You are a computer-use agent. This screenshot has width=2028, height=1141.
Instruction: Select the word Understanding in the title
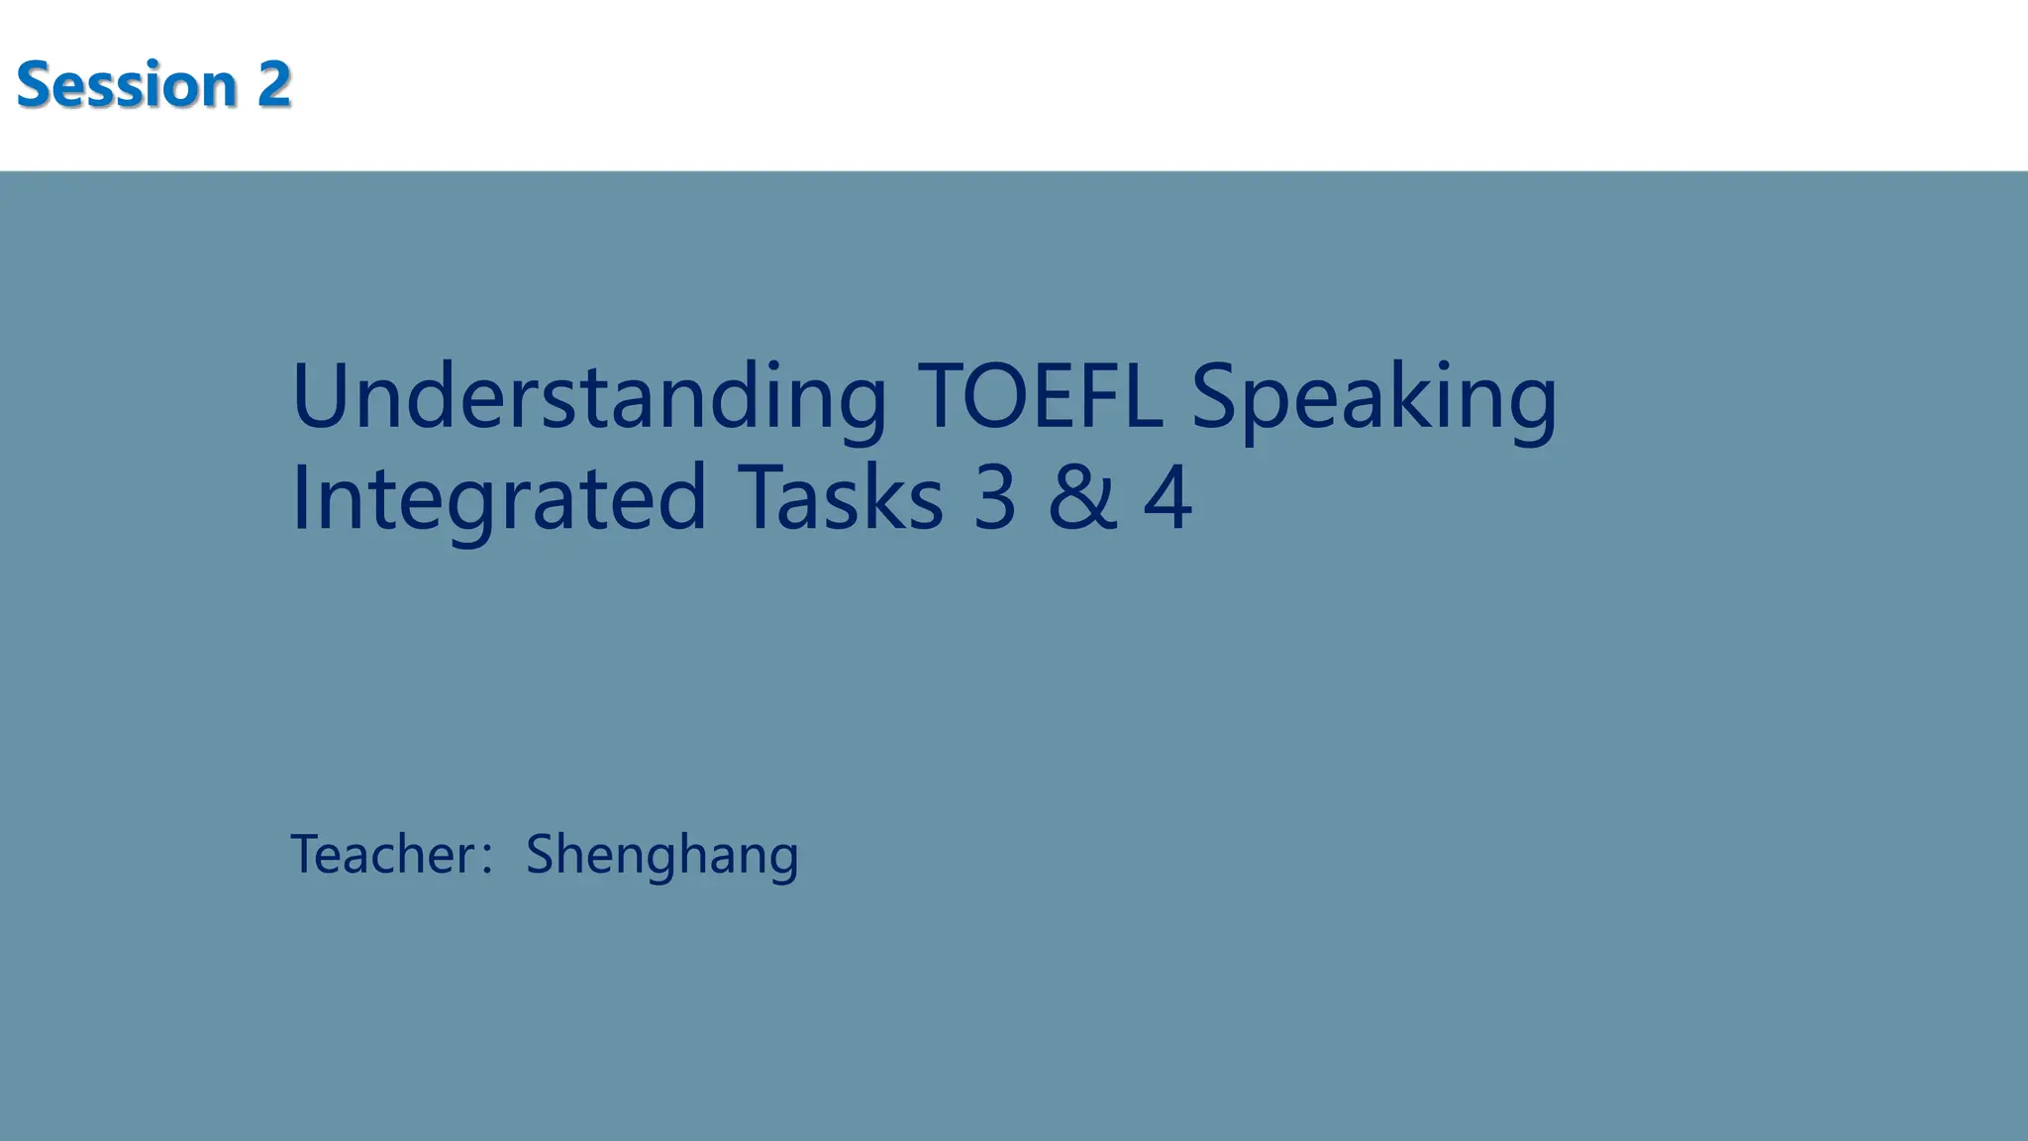(x=588, y=398)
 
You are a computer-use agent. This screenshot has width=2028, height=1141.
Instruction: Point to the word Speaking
(x=1373, y=400)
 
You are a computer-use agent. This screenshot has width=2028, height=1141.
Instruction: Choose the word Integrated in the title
(x=499, y=498)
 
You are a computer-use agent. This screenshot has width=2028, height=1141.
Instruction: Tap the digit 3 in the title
(x=995, y=498)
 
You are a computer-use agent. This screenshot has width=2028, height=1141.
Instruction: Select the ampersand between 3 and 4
(x=1082, y=498)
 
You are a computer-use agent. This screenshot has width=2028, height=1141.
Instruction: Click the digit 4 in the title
(x=1167, y=498)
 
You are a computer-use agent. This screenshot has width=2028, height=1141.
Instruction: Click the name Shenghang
(x=661, y=856)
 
